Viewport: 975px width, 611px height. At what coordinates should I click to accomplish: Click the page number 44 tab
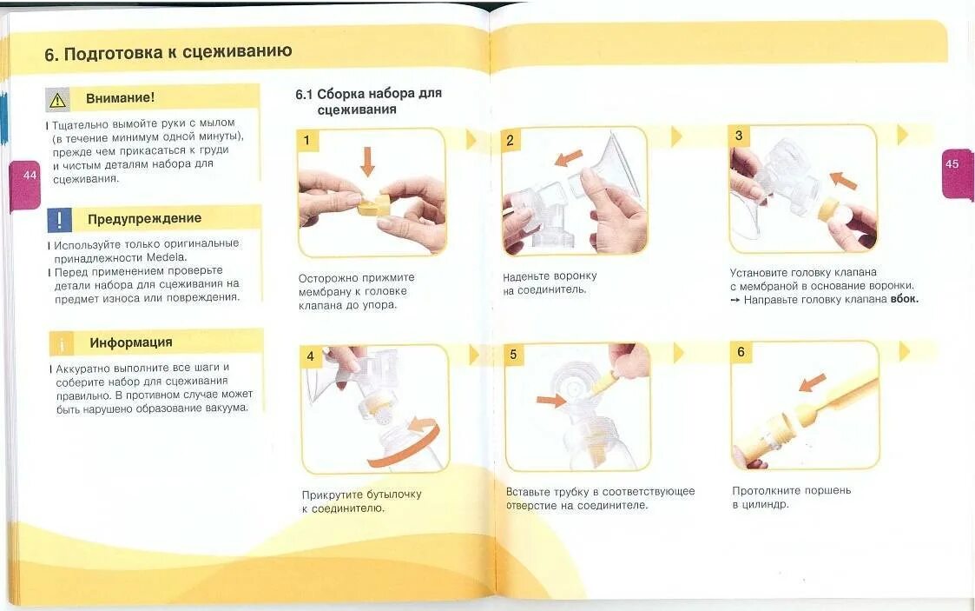[x=25, y=185]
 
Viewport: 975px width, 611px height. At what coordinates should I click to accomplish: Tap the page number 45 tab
[x=957, y=174]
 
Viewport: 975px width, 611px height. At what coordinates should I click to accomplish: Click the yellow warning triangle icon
[x=58, y=100]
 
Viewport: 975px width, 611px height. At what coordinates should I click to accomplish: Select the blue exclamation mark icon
[x=60, y=220]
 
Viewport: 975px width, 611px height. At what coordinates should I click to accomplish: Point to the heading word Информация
[x=130, y=342]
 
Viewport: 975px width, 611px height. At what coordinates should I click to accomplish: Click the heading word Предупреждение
[x=144, y=218]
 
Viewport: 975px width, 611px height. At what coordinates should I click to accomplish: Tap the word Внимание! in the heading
[x=120, y=97]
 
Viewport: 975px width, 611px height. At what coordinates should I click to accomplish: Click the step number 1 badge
[x=307, y=141]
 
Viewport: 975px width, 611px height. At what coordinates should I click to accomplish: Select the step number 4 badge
[x=310, y=356]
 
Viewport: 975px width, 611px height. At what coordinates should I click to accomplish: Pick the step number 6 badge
[x=741, y=352]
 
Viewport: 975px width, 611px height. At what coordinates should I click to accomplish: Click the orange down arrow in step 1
[x=367, y=162]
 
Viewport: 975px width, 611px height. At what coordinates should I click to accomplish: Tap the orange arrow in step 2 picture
[x=569, y=158]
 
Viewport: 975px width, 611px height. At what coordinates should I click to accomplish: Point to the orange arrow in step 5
[x=551, y=400]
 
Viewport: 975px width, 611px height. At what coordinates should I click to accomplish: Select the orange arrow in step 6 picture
[x=812, y=382]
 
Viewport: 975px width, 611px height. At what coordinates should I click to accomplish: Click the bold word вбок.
[x=904, y=299]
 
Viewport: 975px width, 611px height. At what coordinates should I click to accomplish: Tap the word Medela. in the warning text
[x=167, y=257]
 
